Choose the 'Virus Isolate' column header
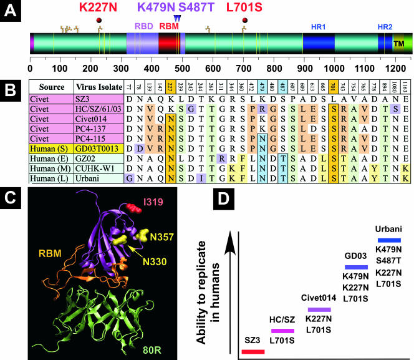[x=97, y=86]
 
